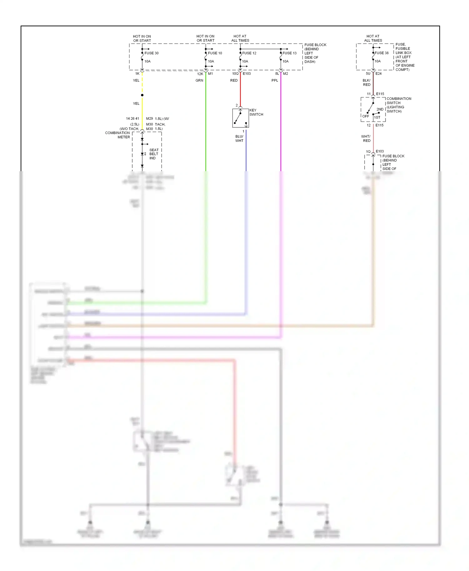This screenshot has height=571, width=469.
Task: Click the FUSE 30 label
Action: click(151, 53)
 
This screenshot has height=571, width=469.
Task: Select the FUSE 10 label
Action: click(215, 53)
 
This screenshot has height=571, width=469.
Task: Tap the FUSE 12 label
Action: click(249, 53)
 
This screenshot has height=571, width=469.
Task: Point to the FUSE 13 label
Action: click(290, 53)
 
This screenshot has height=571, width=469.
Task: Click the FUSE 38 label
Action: click(381, 53)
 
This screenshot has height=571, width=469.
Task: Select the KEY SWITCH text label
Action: click(256, 112)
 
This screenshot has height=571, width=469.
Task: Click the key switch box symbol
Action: click(240, 118)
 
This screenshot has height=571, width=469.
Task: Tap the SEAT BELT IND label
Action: click(154, 154)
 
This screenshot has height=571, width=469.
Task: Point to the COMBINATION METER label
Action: click(118, 135)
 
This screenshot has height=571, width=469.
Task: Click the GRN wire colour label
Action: click(199, 81)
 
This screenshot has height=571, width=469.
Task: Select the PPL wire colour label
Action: click(275, 81)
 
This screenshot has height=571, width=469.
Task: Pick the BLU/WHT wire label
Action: click(239, 139)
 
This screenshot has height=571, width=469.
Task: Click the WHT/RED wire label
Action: click(366, 139)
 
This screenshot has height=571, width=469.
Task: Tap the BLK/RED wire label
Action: click(366, 83)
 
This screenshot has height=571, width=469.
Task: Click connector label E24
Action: click(378, 74)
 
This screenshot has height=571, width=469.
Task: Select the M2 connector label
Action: click(285, 74)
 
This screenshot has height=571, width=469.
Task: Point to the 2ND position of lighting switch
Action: click(380, 109)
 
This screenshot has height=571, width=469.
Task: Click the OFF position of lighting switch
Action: click(366, 116)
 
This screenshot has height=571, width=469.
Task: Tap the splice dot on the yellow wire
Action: click(142, 95)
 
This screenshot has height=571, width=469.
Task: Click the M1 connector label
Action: click(210, 74)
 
